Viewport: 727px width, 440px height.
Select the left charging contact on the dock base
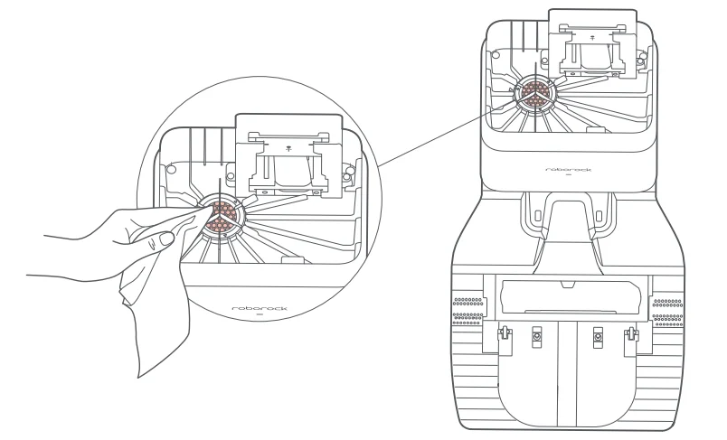click(x=537, y=336)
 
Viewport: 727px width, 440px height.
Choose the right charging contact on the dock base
click(x=597, y=336)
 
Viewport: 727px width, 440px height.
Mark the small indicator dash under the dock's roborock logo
click(x=569, y=176)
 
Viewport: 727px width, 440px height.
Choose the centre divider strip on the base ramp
click(x=567, y=361)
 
